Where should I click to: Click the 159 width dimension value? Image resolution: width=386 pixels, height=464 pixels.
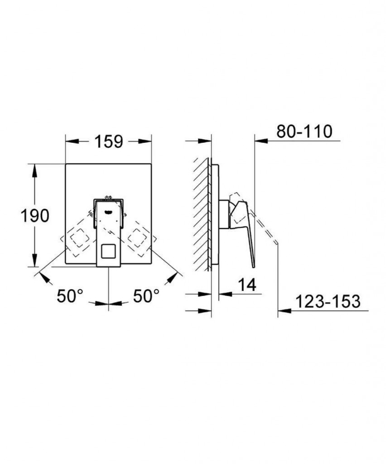109,141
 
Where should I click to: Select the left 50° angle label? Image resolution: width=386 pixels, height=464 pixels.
70,295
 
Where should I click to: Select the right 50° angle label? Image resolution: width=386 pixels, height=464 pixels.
146,295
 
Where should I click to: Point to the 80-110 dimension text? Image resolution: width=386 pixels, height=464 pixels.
304,131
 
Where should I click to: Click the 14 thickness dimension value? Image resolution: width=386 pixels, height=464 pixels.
247,285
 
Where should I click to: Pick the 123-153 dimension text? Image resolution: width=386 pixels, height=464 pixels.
328,301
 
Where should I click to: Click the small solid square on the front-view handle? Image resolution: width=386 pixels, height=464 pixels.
110,251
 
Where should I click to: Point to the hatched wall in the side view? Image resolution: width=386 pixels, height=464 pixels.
202,214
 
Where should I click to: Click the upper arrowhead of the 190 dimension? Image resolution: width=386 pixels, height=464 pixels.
35,170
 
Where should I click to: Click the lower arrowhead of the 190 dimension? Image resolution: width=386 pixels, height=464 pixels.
35,260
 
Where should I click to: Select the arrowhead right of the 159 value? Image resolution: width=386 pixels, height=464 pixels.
145,141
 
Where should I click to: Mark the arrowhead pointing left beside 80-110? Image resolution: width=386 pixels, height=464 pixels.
261,141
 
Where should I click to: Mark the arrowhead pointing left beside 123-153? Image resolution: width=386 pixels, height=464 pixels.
285,310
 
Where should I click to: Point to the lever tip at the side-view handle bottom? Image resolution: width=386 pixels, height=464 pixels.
254,266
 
